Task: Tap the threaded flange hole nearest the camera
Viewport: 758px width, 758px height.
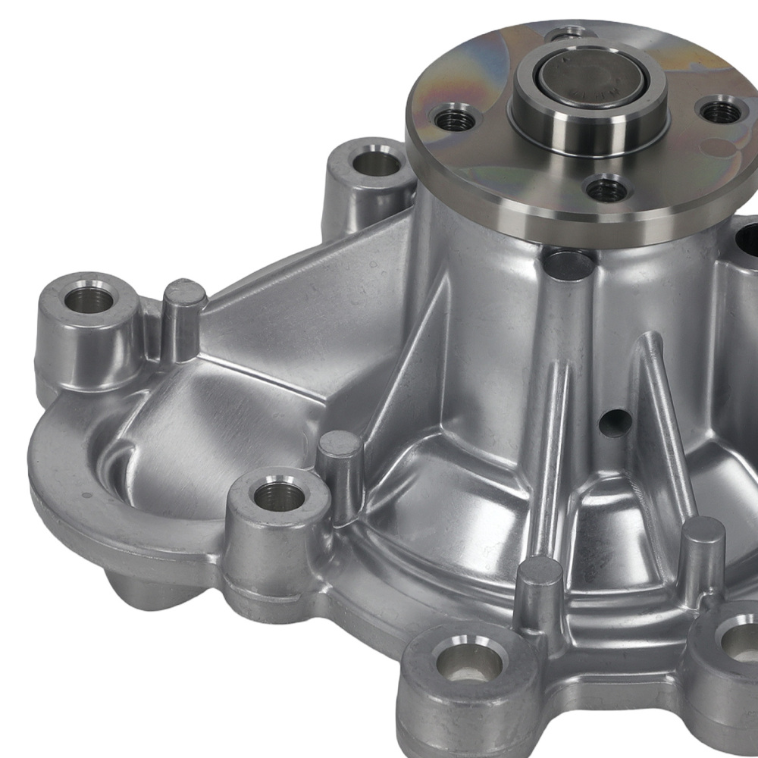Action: (608, 189)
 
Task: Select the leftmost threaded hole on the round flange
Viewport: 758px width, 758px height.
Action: (455, 120)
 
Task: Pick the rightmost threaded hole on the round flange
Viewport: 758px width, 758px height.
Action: (721, 111)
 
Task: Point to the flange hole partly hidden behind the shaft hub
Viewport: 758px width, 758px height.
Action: (568, 33)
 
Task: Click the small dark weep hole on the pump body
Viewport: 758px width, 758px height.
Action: (615, 423)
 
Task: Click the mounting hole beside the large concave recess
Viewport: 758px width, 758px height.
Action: (278, 496)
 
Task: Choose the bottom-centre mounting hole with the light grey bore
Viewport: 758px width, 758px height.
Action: (468, 662)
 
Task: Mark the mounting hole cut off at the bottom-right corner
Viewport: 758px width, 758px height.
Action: (739, 639)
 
